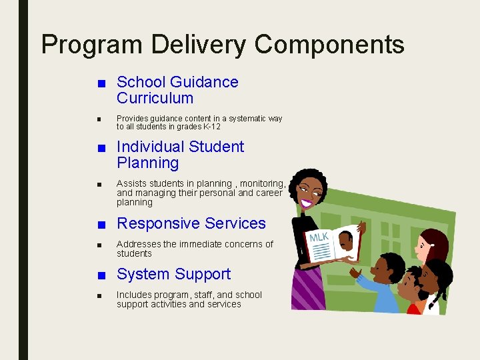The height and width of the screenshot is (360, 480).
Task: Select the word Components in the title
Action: (x=329, y=45)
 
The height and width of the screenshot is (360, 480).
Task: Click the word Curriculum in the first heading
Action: (x=155, y=99)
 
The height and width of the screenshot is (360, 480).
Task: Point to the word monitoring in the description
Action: (x=261, y=184)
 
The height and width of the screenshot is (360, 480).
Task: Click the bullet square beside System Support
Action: (x=100, y=275)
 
